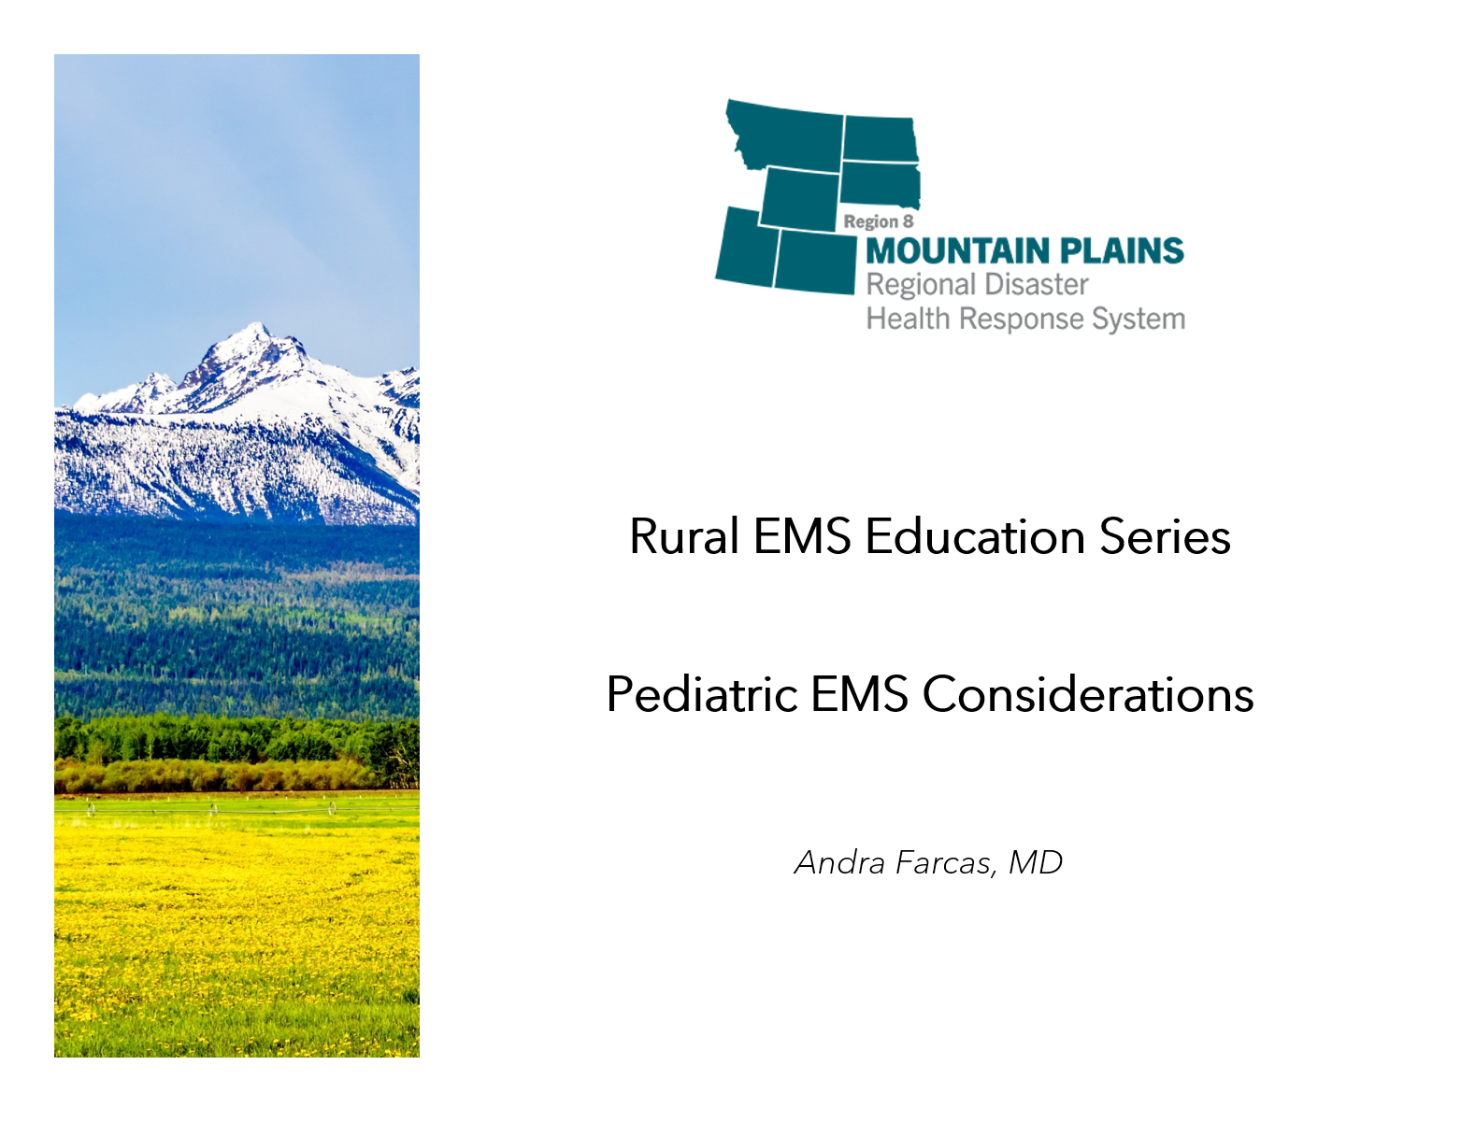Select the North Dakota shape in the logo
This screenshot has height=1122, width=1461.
[x=881, y=138]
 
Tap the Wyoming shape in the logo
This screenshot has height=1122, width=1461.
[x=800, y=199]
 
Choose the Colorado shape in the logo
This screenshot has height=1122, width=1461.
[x=816, y=262]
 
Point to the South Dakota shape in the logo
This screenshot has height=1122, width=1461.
[x=880, y=184]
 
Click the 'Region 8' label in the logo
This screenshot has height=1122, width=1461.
[x=879, y=221]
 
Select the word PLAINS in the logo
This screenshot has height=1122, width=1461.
[x=1122, y=250]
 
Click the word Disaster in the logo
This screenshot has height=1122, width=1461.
[x=1037, y=284]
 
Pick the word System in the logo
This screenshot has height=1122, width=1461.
[x=1139, y=320]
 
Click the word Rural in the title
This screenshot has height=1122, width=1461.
[x=684, y=536]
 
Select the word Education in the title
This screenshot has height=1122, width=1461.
[x=975, y=536]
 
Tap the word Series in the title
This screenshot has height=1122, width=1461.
[x=1166, y=536]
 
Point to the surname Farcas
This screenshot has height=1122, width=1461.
[x=947, y=862]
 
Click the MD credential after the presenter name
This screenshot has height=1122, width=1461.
[x=1036, y=862]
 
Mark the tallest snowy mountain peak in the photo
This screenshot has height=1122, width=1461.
[x=256, y=324]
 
